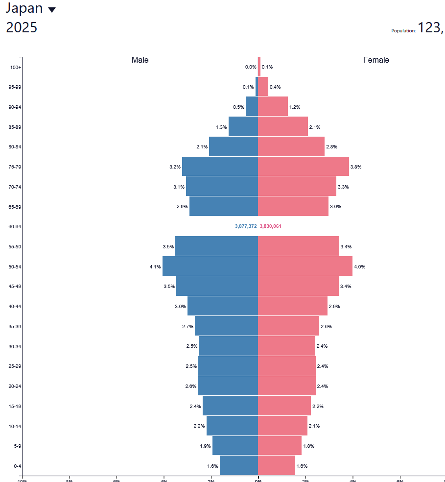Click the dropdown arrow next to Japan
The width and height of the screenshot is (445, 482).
52,10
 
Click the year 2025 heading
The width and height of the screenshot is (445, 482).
22,27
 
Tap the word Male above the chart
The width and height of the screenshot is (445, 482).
140,60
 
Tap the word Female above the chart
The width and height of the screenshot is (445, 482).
376,60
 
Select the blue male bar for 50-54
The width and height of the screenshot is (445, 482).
210,266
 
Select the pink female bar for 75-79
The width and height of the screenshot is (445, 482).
304,167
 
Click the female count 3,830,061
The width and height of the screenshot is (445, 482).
270,226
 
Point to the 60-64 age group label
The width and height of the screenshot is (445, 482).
15,226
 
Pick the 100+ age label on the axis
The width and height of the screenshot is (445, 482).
16,67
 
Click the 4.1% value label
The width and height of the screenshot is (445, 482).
155,267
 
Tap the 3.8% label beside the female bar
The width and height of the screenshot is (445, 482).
356,167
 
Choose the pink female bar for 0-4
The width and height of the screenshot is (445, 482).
277,465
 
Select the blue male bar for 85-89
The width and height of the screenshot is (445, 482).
243,127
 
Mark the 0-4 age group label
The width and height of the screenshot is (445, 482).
17,466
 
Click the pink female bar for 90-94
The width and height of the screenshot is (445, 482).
273,107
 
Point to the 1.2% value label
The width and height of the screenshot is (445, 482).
295,107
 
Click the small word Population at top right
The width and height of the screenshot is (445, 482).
403,31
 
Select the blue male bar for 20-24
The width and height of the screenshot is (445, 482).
228,386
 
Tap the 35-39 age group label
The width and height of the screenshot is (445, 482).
15,326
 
